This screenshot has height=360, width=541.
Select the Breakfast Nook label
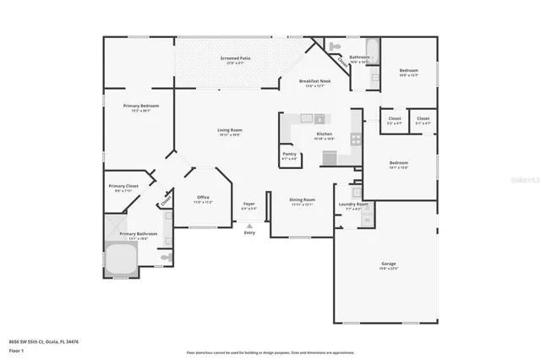(x=314, y=82)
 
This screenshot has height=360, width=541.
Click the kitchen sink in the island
(x=320, y=119)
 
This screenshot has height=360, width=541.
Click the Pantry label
(x=289, y=154)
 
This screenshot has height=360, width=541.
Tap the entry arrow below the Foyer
(x=249, y=225)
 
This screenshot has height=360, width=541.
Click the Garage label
(x=388, y=264)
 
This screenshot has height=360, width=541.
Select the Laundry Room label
(x=352, y=204)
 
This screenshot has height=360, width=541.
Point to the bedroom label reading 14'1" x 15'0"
(x=398, y=162)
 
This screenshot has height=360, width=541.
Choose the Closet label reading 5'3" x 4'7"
(x=394, y=118)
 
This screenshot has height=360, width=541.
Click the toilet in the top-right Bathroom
(x=333, y=46)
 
